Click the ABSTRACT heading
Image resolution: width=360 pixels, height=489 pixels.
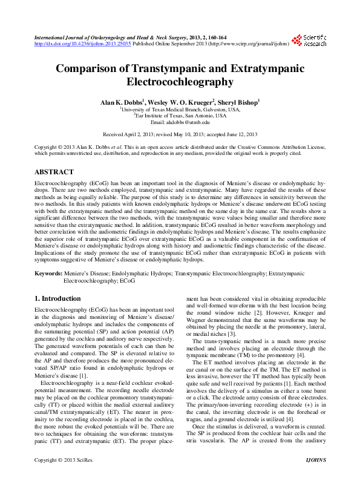click(x=55, y=172)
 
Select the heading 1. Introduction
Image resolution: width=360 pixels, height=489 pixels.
click(x=57, y=298)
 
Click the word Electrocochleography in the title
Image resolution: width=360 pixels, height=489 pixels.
click(x=180, y=82)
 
